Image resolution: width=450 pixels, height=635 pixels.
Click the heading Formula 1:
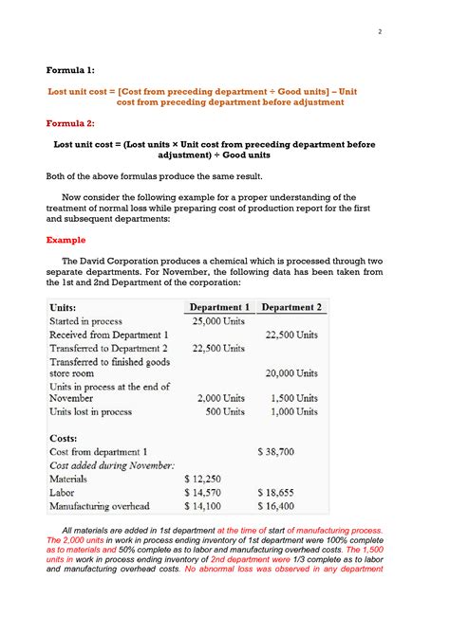point(71,69)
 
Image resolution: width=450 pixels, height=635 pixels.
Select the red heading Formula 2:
point(71,123)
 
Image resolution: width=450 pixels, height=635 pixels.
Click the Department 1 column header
point(219,307)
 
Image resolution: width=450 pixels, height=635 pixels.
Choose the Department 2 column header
point(291,307)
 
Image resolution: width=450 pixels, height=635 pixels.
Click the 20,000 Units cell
point(291,373)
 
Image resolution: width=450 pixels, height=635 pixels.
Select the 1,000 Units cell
point(293,411)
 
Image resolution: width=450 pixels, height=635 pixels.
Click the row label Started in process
point(86,321)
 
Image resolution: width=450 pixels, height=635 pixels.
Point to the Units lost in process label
point(92,411)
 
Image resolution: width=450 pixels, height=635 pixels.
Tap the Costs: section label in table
point(65,438)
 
